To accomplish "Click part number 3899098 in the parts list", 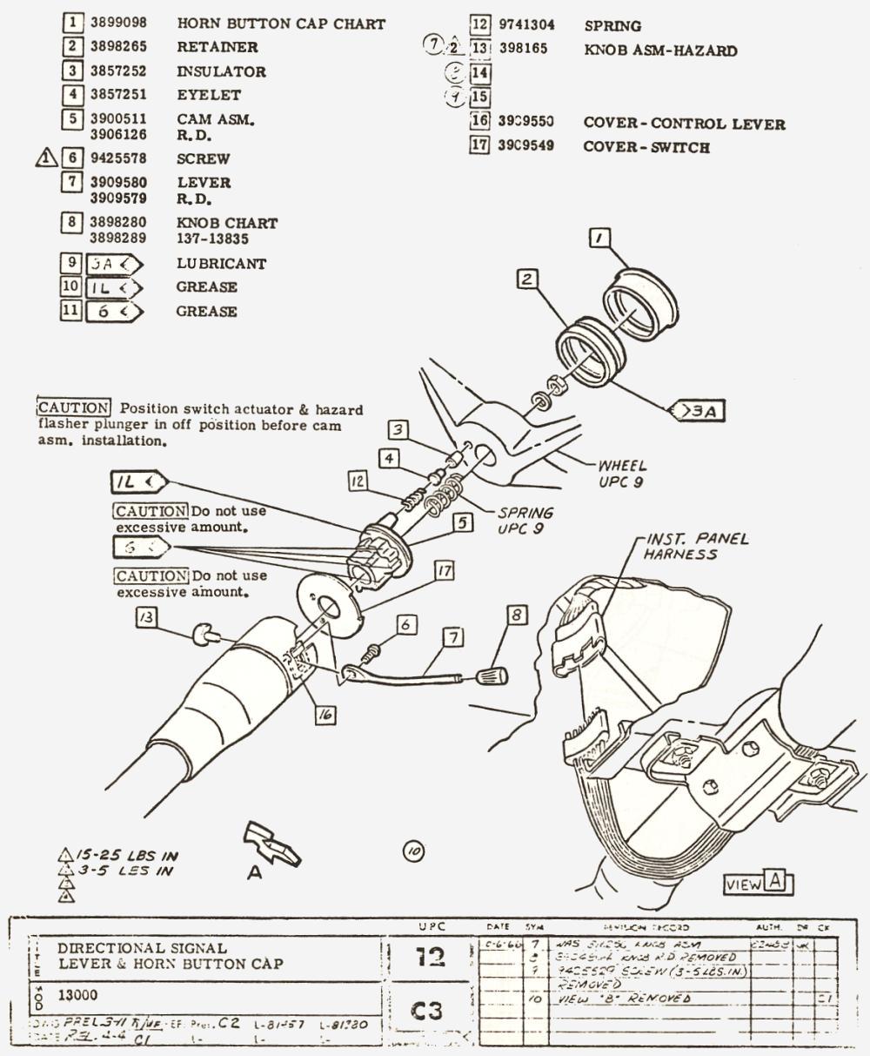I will coord(119,24).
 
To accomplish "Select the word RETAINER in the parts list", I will coord(217,47).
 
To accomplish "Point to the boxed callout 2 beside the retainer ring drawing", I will coord(526,279).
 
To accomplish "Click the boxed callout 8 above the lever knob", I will coord(517,615).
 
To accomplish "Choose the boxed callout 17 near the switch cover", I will coord(445,571).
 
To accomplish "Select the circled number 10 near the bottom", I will coord(413,851).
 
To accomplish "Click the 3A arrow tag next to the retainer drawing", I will coord(699,409).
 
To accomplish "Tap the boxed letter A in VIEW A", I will coord(779,883).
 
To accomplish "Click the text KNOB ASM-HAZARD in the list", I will coord(660,50).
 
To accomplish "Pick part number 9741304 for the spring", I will coord(526,25).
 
